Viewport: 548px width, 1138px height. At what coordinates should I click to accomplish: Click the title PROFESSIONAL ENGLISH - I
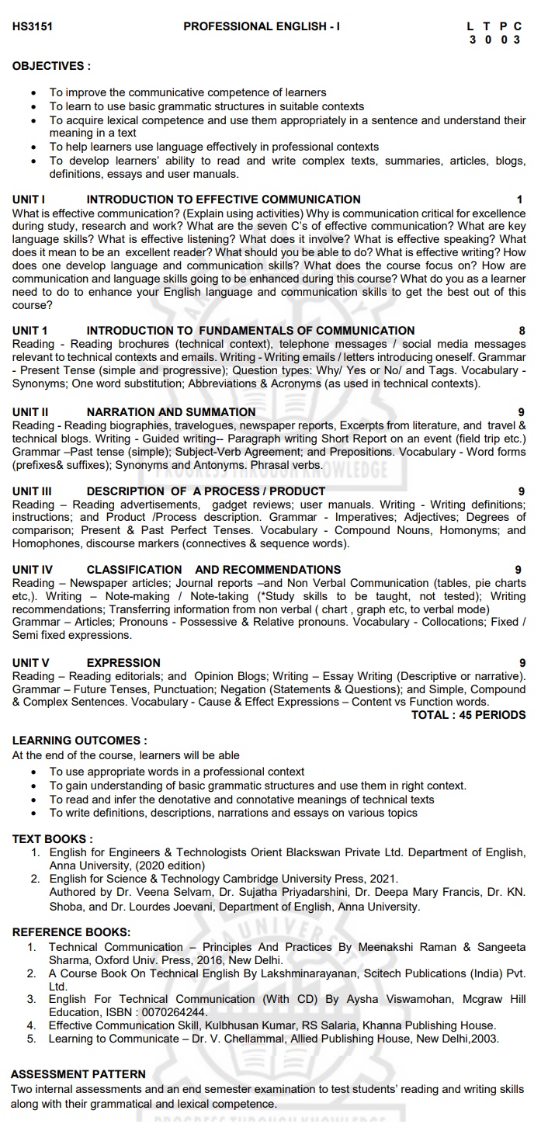pos(262,26)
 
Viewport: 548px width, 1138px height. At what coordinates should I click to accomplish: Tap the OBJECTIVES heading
pos(51,66)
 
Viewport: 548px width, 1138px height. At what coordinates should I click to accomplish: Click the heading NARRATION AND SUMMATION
pos(171,412)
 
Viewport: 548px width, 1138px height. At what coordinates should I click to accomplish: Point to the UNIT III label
pos(32,491)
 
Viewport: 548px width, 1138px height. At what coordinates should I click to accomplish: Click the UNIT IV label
pos(32,570)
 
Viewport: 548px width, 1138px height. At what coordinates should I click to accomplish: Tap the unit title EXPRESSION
pos(123,663)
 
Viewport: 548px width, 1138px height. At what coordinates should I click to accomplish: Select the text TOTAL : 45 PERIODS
pos(468,715)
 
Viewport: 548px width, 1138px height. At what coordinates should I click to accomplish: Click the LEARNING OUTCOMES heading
pos(79,741)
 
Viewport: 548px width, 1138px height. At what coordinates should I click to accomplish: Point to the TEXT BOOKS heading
pos(53,838)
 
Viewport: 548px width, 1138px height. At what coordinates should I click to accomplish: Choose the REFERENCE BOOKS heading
pos(71,932)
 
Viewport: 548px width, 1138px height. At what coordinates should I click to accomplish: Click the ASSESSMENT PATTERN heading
pos(78,1074)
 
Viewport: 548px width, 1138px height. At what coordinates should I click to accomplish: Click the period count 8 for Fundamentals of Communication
pos(522,331)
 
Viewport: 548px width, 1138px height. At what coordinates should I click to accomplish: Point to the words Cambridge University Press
pos(284,879)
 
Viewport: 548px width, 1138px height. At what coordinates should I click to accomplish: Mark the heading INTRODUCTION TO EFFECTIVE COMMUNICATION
pos(224,199)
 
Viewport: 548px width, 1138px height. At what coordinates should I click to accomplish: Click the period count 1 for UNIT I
pos(520,199)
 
